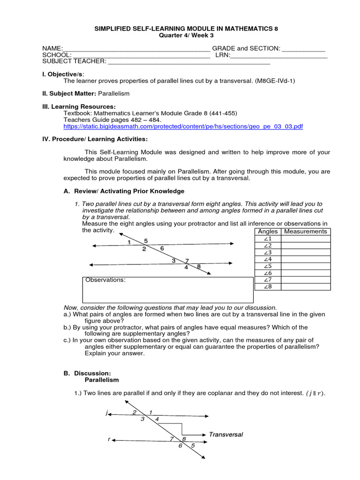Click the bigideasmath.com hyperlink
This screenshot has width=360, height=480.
click(x=183, y=127)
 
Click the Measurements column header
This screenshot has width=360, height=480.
click(x=306, y=232)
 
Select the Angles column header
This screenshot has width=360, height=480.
click(x=268, y=232)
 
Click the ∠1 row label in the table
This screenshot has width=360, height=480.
click(x=268, y=239)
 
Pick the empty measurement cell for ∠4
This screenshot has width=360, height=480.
click(x=306, y=259)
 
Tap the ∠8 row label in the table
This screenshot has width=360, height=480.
click(x=268, y=286)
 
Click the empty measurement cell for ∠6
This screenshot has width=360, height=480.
click(x=306, y=273)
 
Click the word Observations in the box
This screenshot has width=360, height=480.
click(x=105, y=280)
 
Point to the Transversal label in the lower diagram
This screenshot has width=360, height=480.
click(x=226, y=435)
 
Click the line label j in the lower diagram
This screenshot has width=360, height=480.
click(x=107, y=413)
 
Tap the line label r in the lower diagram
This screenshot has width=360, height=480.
click(x=109, y=439)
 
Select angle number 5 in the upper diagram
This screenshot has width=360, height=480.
click(x=146, y=241)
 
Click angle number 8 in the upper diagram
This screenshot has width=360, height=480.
click(x=199, y=267)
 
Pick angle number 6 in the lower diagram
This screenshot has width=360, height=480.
click(x=180, y=446)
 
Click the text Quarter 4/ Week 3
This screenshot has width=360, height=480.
click(x=186, y=35)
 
